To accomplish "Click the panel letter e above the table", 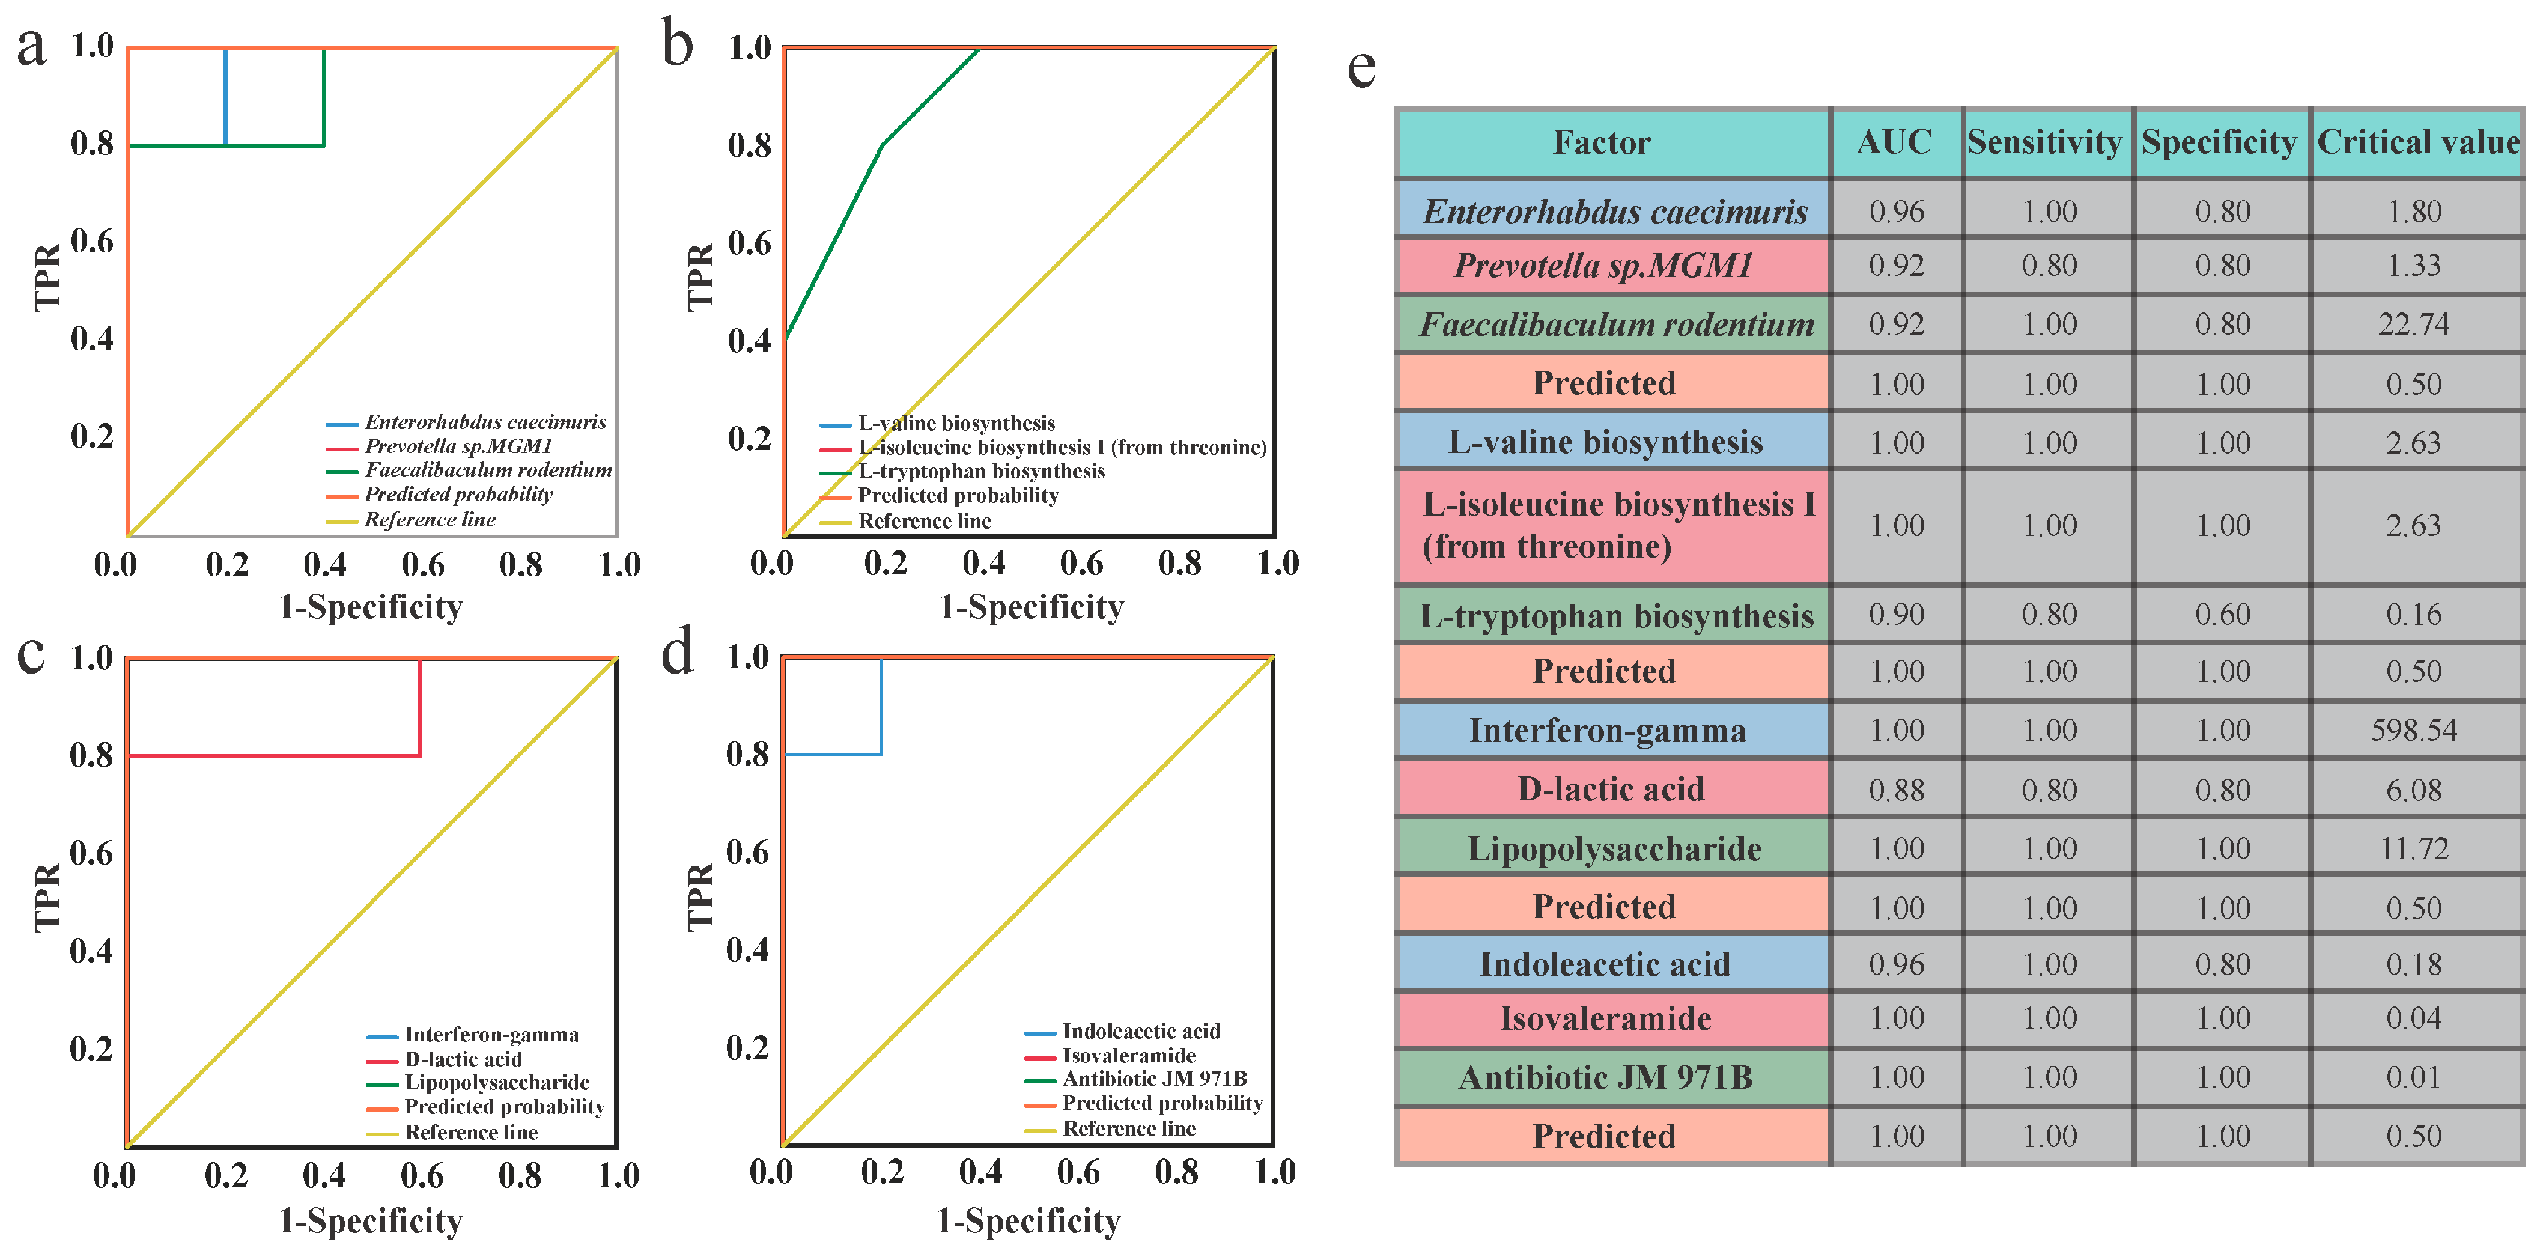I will coord(1361,67).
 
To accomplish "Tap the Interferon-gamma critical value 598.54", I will coord(2414,730).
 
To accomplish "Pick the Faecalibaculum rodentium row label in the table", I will coord(1616,324).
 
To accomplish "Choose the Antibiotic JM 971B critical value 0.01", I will coord(2414,1077).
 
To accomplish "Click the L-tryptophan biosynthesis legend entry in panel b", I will coord(981,472).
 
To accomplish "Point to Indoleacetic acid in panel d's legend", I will coord(1140,1031).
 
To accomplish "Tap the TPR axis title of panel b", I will coord(700,277).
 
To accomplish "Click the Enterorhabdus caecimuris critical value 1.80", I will coord(2414,212).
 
